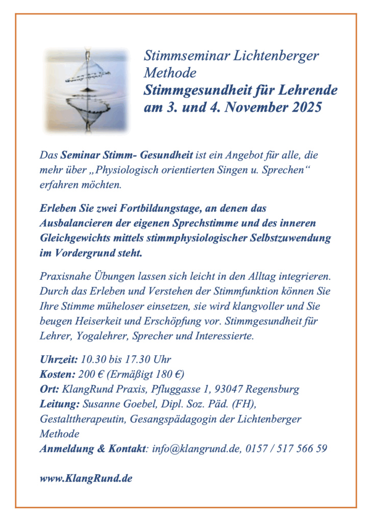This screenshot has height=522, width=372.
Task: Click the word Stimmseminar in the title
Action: coord(186,56)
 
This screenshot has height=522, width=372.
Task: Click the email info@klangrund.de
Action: coord(196,449)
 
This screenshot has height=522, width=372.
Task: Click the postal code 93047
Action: coord(230,389)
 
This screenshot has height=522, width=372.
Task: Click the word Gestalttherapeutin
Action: coord(83,419)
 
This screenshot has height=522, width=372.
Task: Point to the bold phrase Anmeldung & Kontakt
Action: coord(93,449)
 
